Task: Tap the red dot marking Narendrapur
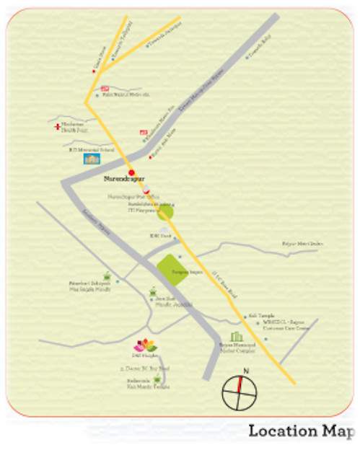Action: (x=131, y=172)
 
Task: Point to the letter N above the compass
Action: (x=245, y=371)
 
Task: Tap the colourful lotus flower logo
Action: (x=145, y=345)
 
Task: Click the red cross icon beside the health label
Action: (x=56, y=127)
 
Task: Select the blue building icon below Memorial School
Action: (x=92, y=159)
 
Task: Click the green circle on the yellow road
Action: (x=167, y=213)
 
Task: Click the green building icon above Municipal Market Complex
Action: (x=236, y=337)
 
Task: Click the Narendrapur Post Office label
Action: (x=127, y=195)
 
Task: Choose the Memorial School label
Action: (x=91, y=150)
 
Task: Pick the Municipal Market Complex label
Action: (x=237, y=349)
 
